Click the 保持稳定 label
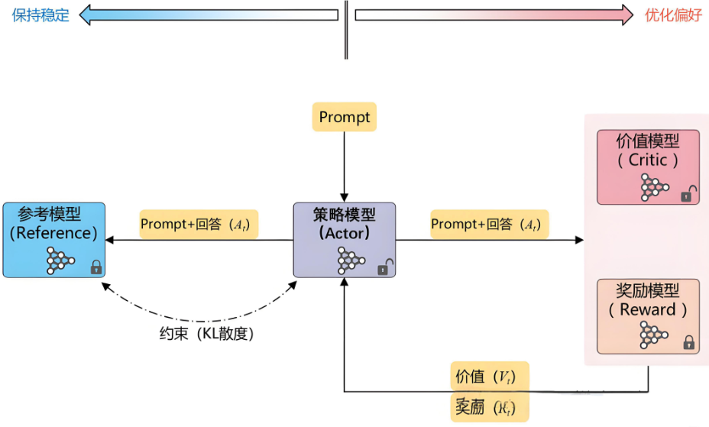pyautogui.click(x=40, y=15)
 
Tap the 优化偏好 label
pyautogui.click(x=673, y=15)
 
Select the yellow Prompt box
pyautogui.click(x=345, y=117)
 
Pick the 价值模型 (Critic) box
pyautogui.click(x=648, y=167)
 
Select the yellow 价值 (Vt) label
pyautogui.click(x=489, y=377)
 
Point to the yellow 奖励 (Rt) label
pyautogui.click(x=489, y=406)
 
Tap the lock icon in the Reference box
pyautogui.click(x=96, y=267)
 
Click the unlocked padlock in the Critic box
pyautogui.click(x=688, y=193)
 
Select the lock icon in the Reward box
pyautogui.click(x=688, y=342)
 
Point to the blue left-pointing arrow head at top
pyautogui.click(x=86, y=15)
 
